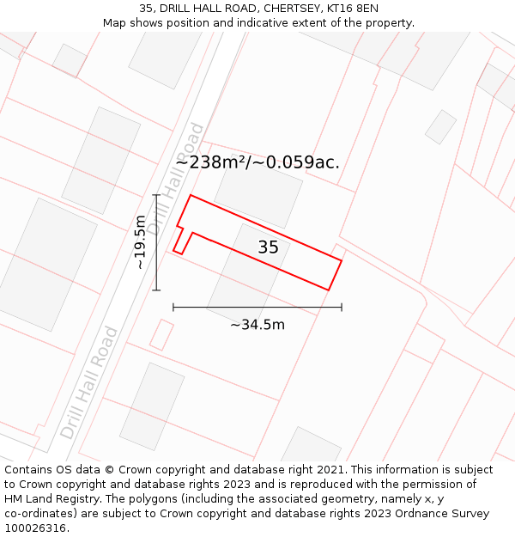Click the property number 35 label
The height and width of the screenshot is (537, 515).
(268, 247)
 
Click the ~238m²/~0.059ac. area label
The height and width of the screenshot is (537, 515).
(257, 162)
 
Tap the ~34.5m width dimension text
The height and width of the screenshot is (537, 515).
(257, 325)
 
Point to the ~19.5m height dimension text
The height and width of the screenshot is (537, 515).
(141, 242)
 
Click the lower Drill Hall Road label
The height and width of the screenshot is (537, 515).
(88, 382)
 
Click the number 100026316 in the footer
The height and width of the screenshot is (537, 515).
(34, 528)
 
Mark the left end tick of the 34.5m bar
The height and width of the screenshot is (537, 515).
(173, 307)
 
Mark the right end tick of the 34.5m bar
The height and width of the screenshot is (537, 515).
(342, 307)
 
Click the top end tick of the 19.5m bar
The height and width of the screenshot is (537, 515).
(156, 195)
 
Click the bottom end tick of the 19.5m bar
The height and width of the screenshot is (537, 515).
(156, 290)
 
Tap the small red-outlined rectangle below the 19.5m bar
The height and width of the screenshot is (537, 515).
(161, 334)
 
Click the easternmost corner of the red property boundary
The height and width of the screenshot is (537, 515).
(342, 260)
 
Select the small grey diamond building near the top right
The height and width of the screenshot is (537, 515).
(440, 126)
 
